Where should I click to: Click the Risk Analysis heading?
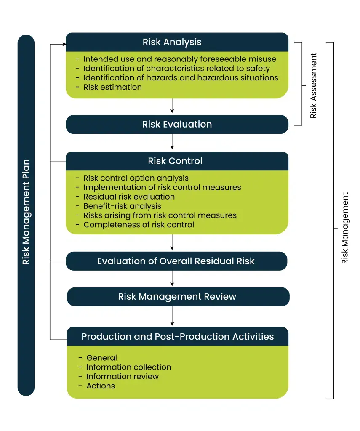coord(172,42)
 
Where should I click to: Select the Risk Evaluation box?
coord(177,124)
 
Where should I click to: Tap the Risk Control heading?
coord(175,161)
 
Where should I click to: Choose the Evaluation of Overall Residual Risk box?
coord(176,261)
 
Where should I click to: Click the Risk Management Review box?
coord(178,297)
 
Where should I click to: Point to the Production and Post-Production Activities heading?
coord(178,336)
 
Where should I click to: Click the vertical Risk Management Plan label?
coord(26,212)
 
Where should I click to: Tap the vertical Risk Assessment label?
coord(313,85)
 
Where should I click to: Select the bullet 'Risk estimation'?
coord(113,87)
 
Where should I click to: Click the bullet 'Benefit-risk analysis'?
coord(123,206)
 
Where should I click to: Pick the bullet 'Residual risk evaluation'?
coord(129,197)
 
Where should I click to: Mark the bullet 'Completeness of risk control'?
coord(139,225)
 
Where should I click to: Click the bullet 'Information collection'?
coord(129,367)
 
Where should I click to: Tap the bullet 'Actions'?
coord(101,386)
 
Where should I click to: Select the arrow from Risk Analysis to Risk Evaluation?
coord(172,106)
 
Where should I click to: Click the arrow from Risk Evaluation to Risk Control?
coord(172,141)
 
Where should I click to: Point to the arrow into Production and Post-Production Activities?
coord(172,316)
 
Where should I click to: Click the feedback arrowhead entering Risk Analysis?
coord(64,44)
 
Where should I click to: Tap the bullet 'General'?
coord(102,358)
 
